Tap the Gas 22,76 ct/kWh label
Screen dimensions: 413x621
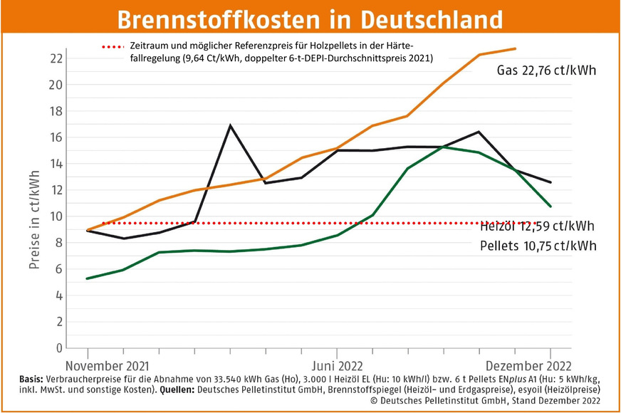click(546, 71)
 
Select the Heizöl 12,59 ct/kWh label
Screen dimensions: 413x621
click(537, 226)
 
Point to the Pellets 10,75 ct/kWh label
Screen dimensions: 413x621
click(537, 246)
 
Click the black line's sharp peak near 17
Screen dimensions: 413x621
click(230, 125)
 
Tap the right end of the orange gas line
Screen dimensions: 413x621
click(515, 48)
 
